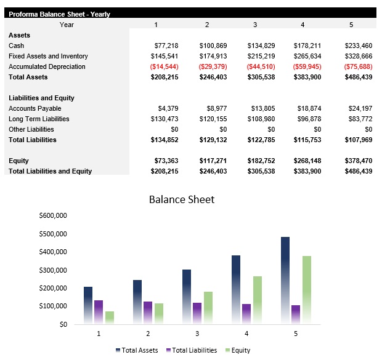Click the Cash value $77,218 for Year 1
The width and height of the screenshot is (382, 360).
(x=166, y=46)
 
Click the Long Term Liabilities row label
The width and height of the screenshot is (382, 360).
(x=39, y=119)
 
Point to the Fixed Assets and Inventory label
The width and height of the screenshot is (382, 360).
(x=48, y=56)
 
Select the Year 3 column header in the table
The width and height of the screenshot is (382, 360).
(x=255, y=25)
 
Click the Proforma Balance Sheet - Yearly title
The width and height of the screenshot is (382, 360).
(x=59, y=14)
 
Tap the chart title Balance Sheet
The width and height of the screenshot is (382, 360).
(x=182, y=199)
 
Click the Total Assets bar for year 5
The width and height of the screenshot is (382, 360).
(x=285, y=280)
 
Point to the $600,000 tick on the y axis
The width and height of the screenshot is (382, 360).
(x=52, y=216)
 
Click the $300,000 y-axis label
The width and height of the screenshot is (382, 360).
(x=52, y=270)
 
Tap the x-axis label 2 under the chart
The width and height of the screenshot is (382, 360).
(x=148, y=333)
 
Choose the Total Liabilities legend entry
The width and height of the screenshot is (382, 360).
(x=191, y=350)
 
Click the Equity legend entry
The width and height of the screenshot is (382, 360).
(x=238, y=350)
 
